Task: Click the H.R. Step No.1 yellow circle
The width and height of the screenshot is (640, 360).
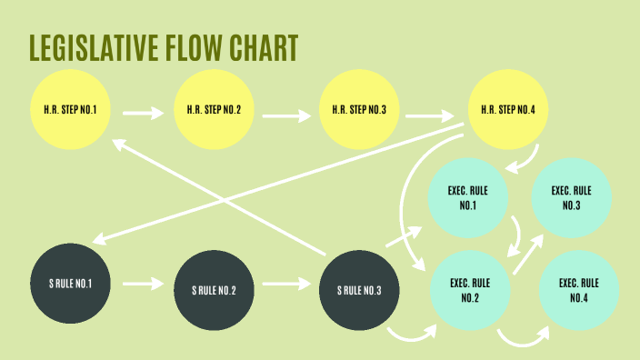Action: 70,111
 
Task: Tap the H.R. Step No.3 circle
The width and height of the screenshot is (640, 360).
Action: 358,111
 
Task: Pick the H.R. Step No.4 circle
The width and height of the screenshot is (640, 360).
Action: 507,111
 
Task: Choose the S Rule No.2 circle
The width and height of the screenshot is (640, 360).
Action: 214,289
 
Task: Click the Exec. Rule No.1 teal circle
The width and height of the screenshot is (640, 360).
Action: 468,198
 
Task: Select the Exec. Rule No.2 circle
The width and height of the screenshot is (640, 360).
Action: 471,289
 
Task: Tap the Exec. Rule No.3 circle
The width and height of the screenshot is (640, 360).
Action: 571,198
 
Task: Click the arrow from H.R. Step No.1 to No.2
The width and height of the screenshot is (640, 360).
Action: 142,115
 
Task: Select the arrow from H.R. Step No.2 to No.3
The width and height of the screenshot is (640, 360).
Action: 286,115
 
